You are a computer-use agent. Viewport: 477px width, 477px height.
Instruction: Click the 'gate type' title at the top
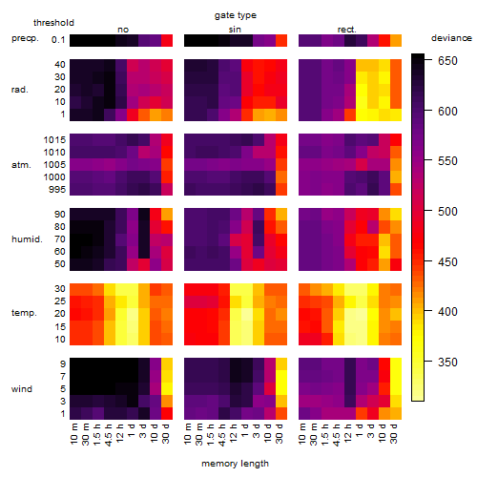(x=236, y=15)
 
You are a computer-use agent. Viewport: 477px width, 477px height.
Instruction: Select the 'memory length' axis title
(x=235, y=464)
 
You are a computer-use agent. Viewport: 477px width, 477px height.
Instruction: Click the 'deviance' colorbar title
(x=451, y=38)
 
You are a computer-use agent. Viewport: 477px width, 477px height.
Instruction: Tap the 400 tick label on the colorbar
(x=447, y=311)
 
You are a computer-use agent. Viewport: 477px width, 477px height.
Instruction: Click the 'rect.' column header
(x=347, y=30)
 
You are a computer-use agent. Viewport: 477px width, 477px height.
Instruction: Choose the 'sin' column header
(x=235, y=30)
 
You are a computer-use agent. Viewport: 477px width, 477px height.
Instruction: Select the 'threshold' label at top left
(x=53, y=23)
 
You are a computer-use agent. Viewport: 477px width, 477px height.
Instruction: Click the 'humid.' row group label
(x=27, y=239)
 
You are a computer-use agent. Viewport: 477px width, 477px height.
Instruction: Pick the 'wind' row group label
(x=22, y=389)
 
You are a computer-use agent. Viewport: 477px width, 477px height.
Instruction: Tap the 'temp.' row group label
(x=24, y=313)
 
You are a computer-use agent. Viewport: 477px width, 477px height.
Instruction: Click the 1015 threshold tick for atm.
(x=54, y=139)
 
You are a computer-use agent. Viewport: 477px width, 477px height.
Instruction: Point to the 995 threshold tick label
(x=57, y=190)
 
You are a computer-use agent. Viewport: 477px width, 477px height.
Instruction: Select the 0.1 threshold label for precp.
(x=58, y=40)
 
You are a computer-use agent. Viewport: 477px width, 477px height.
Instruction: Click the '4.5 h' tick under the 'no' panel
(x=108, y=434)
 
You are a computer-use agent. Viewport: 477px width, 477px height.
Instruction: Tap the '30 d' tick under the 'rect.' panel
(x=394, y=433)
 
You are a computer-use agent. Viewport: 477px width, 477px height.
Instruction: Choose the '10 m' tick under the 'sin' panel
(x=188, y=433)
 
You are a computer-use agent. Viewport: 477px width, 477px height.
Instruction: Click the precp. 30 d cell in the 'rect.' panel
(x=396, y=40)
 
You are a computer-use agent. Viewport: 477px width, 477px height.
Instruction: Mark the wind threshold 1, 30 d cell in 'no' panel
(x=167, y=413)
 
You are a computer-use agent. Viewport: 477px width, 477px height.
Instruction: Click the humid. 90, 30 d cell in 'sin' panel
(x=281, y=215)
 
